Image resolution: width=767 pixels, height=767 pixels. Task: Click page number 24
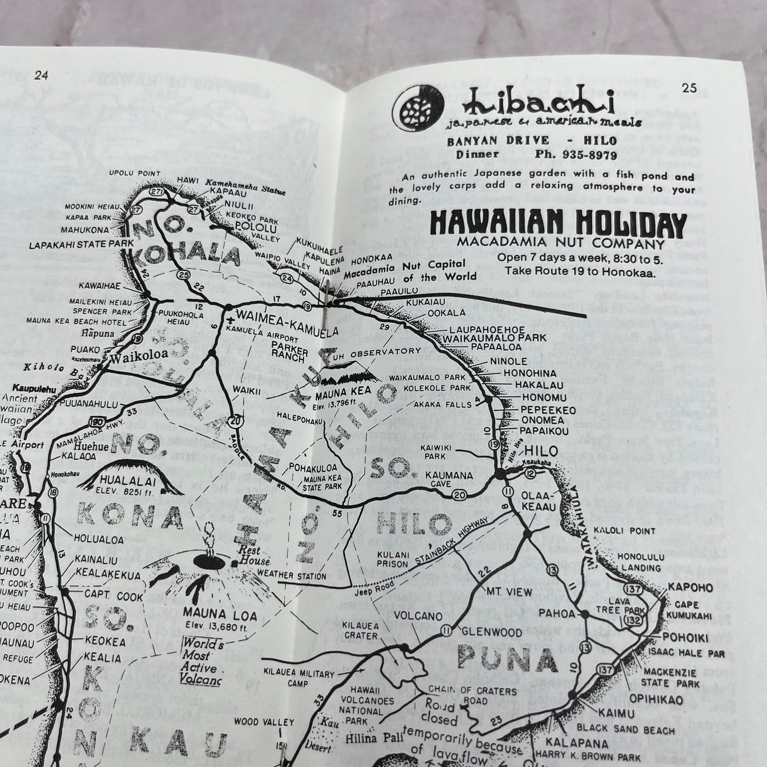coord(41,75)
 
